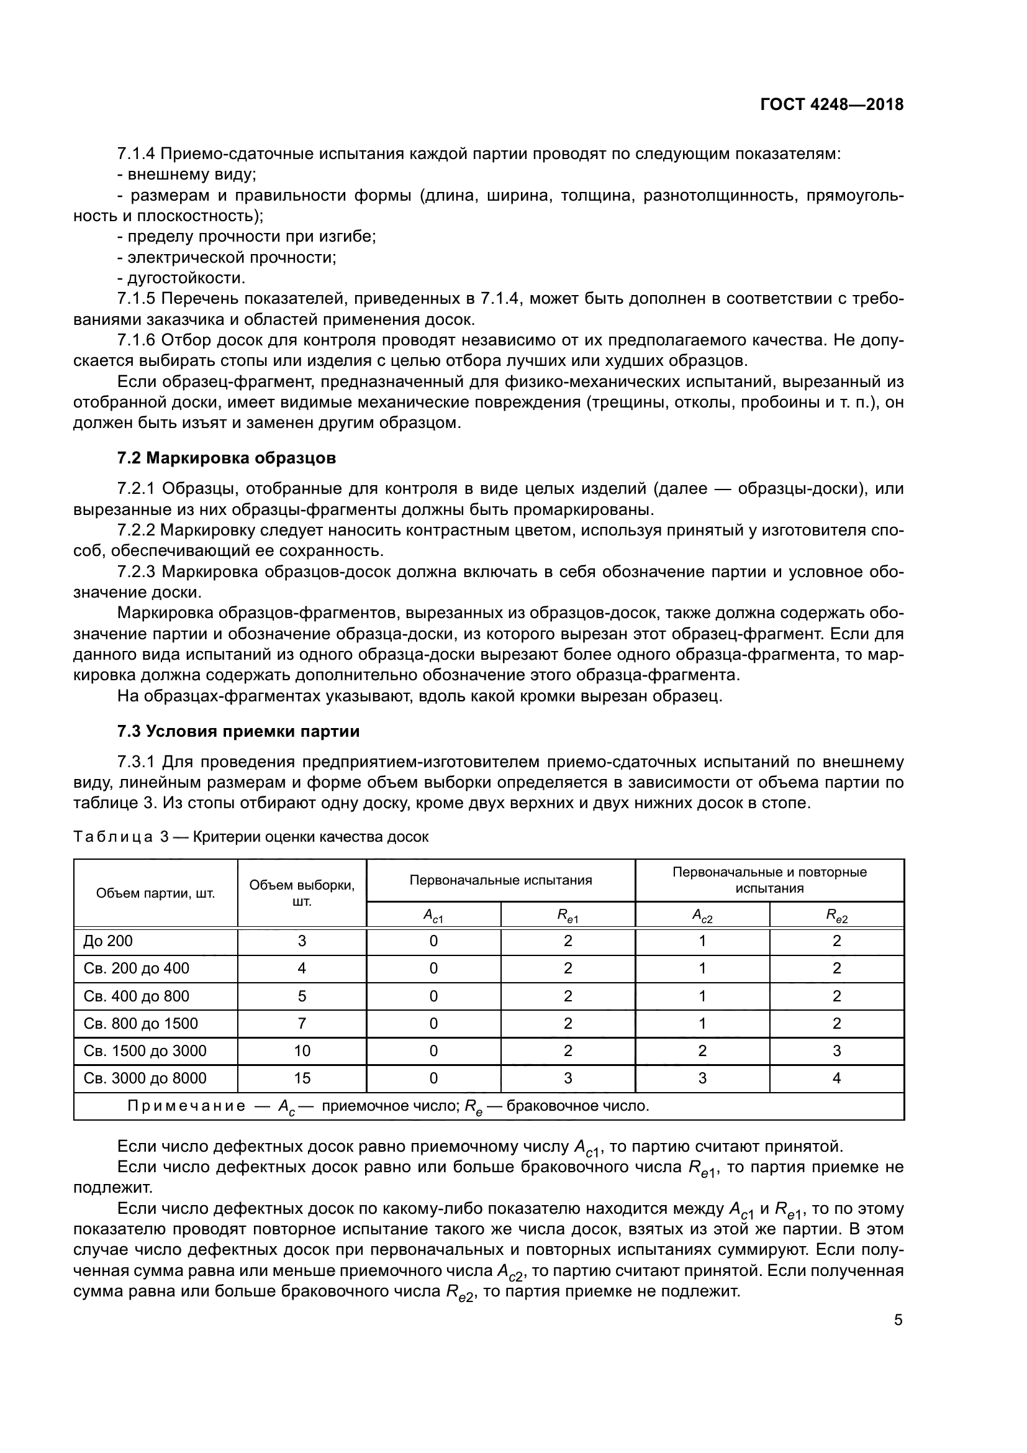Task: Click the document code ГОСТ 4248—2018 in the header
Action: pos(831,105)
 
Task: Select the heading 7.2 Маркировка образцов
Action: pos(227,458)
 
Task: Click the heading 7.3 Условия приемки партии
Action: pos(238,731)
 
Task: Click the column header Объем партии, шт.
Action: pos(156,893)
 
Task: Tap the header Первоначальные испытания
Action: pos(501,880)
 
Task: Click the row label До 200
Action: pos(108,941)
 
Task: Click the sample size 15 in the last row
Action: pos(302,1078)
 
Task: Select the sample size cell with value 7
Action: pos(302,1023)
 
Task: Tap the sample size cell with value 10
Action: pos(302,1050)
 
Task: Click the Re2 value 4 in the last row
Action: pos(836,1078)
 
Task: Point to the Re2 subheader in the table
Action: pos(836,916)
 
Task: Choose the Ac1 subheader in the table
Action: pos(433,916)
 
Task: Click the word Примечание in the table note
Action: pos(186,1106)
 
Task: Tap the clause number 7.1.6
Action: pos(136,340)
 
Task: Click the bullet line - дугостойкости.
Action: pos(181,278)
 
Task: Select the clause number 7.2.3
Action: pos(136,572)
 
